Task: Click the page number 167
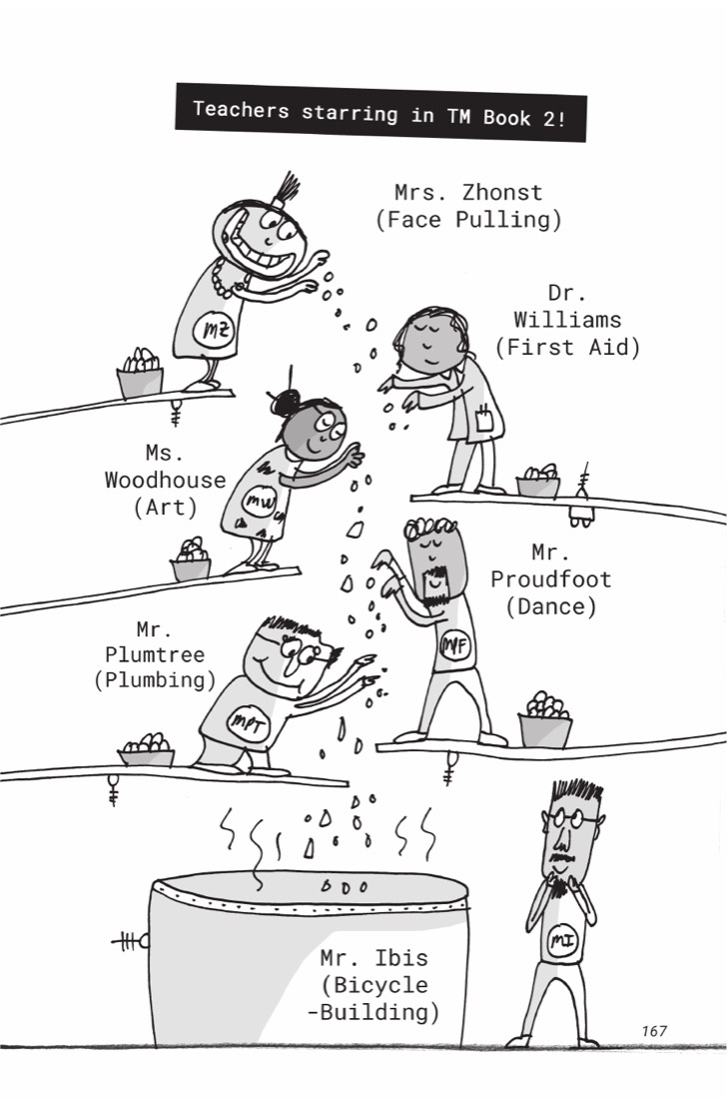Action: click(654, 1031)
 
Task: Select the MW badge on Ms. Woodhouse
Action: click(259, 501)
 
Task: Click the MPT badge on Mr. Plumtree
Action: click(249, 724)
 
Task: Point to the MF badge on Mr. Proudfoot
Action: click(454, 645)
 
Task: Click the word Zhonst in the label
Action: click(501, 192)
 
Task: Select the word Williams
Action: click(567, 320)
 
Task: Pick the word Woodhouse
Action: click(166, 481)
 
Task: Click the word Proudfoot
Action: click(550, 578)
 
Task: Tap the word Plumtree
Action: click(155, 654)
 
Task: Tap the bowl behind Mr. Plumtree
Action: click(147, 750)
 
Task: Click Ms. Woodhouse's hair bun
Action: click(285, 403)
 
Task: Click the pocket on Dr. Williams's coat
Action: click(483, 420)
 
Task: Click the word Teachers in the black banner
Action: click(241, 110)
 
